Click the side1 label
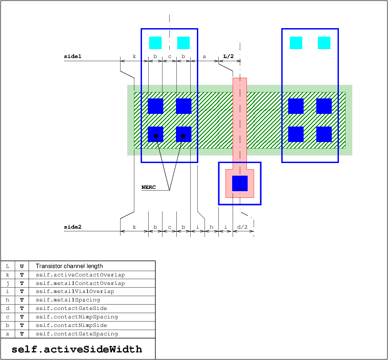tap(72, 56)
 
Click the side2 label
tap(72, 227)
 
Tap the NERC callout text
tap(149, 187)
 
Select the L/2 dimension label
tap(229, 56)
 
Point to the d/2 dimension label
tap(242, 227)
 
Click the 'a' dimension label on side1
tap(204, 56)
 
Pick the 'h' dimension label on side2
tap(211, 227)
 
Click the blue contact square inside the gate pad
tap(240, 184)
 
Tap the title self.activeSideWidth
tap(77, 349)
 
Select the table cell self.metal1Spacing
tap(68, 300)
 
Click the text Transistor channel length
tap(69, 266)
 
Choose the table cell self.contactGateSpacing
tap(77, 334)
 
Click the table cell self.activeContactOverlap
tap(80, 275)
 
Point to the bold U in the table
tap(22, 266)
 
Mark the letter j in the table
tap(8, 283)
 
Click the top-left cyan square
tap(155, 43)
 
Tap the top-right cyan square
tap(324, 43)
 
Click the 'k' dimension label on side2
tap(134, 227)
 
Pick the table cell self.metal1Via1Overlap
tap(75, 291)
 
